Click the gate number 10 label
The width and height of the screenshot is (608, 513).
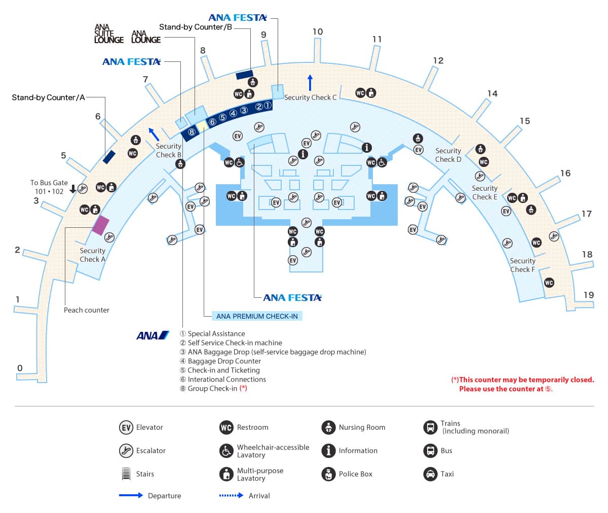pyautogui.click(x=318, y=31)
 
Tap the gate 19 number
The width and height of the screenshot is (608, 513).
pyautogui.click(x=588, y=295)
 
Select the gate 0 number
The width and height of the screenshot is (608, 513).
pyautogui.click(x=20, y=368)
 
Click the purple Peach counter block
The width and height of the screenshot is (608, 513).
pyautogui.click(x=100, y=225)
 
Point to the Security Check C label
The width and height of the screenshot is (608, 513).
pyautogui.click(x=310, y=97)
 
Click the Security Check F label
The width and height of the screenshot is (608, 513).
pyautogui.click(x=522, y=265)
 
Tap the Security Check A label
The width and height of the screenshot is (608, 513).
pyautogui.click(x=92, y=255)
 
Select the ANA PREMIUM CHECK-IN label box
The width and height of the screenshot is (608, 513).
pyautogui.click(x=257, y=316)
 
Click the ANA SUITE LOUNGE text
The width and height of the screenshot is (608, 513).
pyautogui.click(x=108, y=34)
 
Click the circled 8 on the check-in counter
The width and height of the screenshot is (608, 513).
pyautogui.click(x=192, y=132)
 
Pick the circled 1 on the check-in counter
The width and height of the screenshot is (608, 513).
pyautogui.click(x=268, y=105)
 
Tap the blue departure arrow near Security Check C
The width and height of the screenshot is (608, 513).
pyautogui.click(x=310, y=82)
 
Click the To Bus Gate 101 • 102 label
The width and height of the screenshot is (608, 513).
pyautogui.click(x=49, y=187)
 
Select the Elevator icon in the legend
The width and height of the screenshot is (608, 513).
pyautogui.click(x=126, y=427)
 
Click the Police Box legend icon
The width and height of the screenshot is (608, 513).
pyautogui.click(x=328, y=474)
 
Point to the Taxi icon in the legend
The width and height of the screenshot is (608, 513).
pyautogui.click(x=430, y=474)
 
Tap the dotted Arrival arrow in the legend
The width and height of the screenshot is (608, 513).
pyautogui.click(x=231, y=495)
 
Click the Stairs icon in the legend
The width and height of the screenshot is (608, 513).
pyautogui.click(x=126, y=474)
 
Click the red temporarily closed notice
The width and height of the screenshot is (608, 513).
pyautogui.click(x=522, y=384)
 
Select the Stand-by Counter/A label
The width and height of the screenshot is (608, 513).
pyautogui.click(x=49, y=97)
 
